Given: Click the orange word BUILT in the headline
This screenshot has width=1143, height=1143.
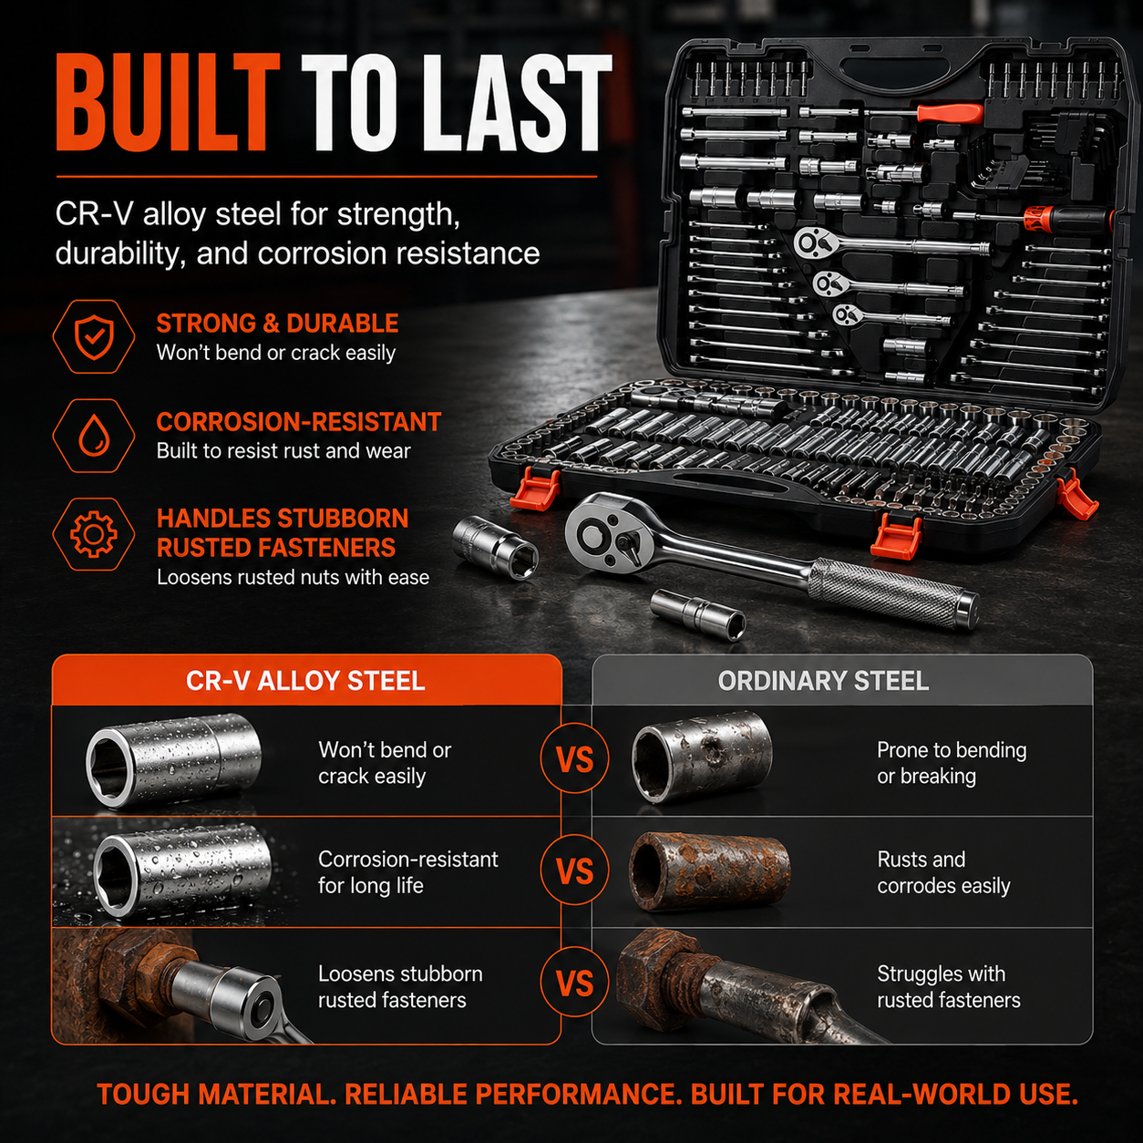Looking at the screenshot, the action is pyautogui.click(x=168, y=102).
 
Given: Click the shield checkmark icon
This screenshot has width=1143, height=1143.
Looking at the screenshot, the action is pyautogui.click(x=94, y=336).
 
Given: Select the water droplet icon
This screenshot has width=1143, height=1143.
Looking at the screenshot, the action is pyautogui.click(x=94, y=436).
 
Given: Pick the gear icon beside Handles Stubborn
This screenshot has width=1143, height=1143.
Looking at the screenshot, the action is pyautogui.click(x=94, y=534).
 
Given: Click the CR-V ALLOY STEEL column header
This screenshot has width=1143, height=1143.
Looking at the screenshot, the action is pyautogui.click(x=305, y=680).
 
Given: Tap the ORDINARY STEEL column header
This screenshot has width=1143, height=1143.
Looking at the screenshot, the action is pyautogui.click(x=823, y=680).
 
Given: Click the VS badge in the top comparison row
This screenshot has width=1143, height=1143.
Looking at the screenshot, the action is pyautogui.click(x=575, y=759).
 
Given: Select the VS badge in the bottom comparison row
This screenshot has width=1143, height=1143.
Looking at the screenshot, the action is pyautogui.click(x=575, y=983).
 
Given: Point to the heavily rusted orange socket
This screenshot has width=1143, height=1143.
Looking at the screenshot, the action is pyautogui.click(x=709, y=870).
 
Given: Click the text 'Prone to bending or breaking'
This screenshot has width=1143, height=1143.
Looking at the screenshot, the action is pyautogui.click(x=952, y=763).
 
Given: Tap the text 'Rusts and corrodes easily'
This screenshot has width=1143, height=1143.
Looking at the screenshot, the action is pyautogui.click(x=943, y=872).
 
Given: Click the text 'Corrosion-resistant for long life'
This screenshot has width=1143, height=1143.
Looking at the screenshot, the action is pyautogui.click(x=408, y=872).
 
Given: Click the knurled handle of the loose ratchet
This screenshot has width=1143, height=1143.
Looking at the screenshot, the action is pyautogui.click(x=892, y=593).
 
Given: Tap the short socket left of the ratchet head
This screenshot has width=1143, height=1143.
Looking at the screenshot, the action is pyautogui.click(x=495, y=547).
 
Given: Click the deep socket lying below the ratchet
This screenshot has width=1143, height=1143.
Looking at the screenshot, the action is pyautogui.click(x=697, y=614).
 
